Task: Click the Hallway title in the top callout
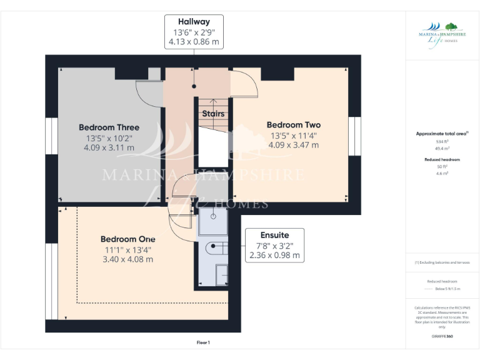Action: (194, 21)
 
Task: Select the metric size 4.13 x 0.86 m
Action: (194, 42)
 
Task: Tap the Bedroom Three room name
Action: (109, 127)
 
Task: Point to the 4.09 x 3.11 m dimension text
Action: (109, 148)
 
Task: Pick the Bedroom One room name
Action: (127, 239)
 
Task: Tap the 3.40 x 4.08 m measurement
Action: (127, 259)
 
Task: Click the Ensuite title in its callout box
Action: (274, 235)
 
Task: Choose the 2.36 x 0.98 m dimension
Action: (274, 256)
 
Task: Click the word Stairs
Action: (212, 114)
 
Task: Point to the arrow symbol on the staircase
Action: (212, 102)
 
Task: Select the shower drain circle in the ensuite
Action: (214, 216)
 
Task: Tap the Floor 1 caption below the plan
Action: (203, 342)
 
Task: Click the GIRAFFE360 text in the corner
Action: (442, 336)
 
